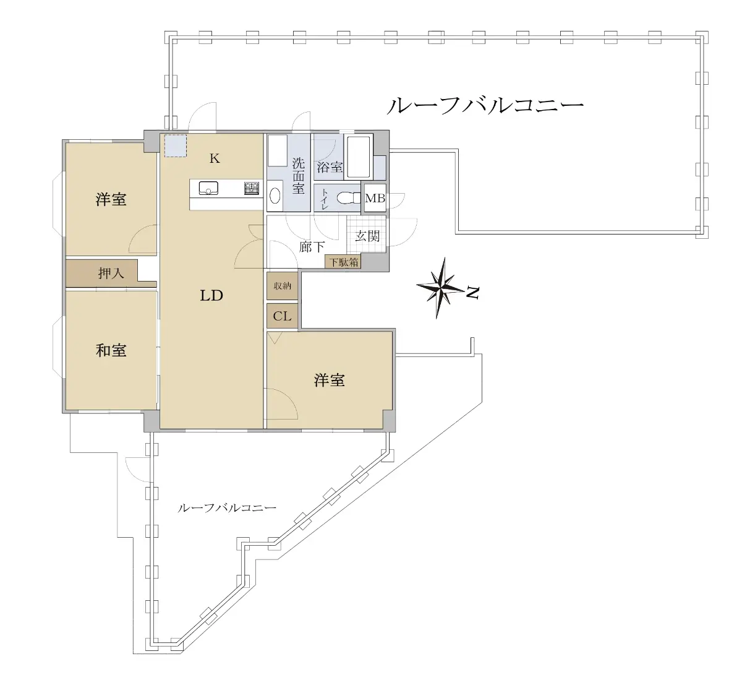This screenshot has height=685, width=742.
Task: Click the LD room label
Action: [211, 296]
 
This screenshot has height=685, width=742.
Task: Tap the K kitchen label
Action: [215, 158]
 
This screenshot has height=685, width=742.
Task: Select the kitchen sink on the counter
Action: [208, 187]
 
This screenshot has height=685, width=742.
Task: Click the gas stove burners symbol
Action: [252, 188]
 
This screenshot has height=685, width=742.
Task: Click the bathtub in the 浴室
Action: [358, 157]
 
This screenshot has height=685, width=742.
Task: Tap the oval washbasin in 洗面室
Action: [275, 195]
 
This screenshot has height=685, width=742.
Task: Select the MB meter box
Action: [375, 198]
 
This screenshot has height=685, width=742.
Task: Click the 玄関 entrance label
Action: [367, 236]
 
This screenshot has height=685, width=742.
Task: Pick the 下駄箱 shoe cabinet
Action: [344, 262]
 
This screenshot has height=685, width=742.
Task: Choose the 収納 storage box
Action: [282, 286]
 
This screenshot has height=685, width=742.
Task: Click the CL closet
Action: [282, 316]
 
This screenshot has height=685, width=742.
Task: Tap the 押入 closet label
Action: [111, 274]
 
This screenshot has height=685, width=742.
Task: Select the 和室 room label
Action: [111, 351]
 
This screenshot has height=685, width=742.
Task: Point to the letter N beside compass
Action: [473, 293]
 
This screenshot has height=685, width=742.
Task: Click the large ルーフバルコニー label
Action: [485, 106]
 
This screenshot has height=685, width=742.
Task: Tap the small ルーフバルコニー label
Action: [227, 508]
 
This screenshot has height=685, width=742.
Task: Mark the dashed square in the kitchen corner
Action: [175, 145]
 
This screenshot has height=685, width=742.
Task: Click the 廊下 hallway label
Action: [312, 247]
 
